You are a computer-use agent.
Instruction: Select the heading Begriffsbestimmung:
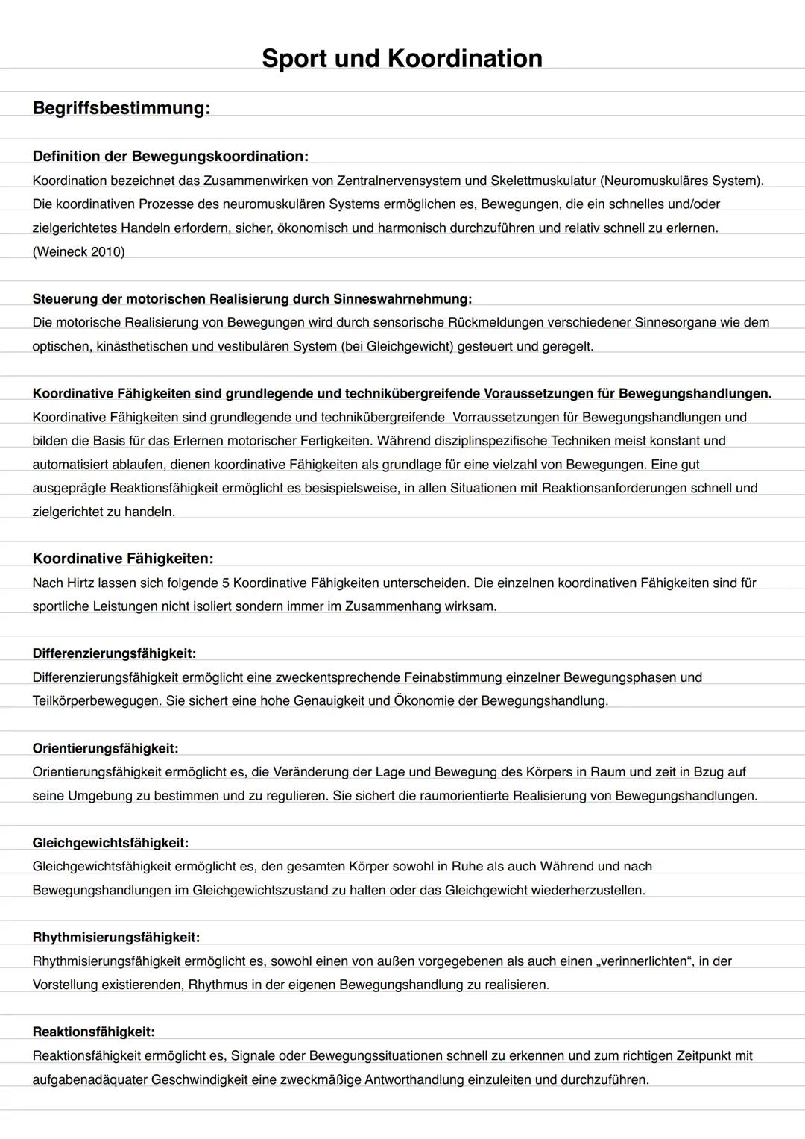pos(121,108)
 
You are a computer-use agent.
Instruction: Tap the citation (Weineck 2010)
pos(78,252)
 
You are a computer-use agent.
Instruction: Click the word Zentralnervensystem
pos(397,181)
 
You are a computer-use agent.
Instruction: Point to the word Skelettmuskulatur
pos(543,181)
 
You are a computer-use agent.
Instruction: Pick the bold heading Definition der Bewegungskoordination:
pos(170,157)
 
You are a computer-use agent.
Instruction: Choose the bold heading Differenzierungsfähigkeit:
pos(114,654)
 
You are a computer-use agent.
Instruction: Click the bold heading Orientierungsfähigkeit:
pos(105,748)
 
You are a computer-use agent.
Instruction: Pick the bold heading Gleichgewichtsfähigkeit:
pos(110,843)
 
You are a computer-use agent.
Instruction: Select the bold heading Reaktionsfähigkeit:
pos(93,1032)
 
